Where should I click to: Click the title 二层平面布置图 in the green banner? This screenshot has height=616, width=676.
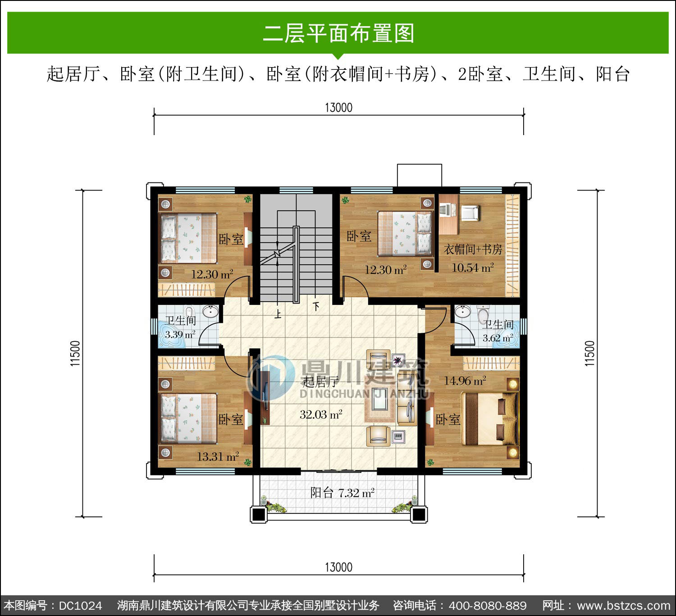tap(338, 33)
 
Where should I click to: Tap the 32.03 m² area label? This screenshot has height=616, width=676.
tap(321, 414)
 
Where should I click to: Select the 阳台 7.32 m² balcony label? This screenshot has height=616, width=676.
tap(343, 493)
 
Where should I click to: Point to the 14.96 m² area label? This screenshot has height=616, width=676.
tap(465, 381)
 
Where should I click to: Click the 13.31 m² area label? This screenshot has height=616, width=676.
tap(218, 457)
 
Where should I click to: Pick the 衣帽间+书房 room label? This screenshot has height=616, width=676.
tap(473, 249)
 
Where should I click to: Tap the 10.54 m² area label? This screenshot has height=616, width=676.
tap(473, 268)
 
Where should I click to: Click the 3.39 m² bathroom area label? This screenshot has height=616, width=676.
tap(180, 335)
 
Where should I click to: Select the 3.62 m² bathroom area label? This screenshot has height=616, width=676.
tap(498, 338)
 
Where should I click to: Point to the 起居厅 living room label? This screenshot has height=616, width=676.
tap(320, 382)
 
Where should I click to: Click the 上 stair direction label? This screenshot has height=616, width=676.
tap(278, 314)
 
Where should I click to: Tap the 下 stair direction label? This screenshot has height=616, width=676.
tap(316, 307)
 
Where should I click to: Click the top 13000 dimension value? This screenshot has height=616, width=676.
tap(338, 108)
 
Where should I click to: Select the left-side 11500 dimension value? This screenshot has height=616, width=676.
tap(75, 353)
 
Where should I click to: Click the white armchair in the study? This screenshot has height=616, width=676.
tap(470, 213)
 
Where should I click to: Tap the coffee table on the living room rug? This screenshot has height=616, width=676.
tap(380, 399)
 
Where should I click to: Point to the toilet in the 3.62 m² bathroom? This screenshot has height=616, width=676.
tap(483, 315)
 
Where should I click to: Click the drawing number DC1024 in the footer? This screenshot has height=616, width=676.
tap(80, 606)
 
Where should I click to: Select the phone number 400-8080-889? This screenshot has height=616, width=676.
tap(488, 606)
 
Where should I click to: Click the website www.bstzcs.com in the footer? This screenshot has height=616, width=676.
tap(623, 606)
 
